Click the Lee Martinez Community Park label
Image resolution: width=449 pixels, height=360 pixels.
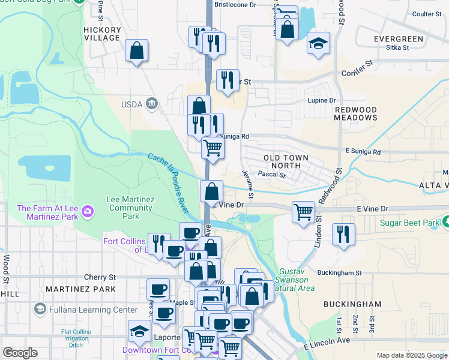(122, 208)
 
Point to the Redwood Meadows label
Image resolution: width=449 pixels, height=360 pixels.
(355, 114)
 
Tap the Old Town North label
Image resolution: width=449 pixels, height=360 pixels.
(286, 161)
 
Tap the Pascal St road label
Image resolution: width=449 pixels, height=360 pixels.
(271, 174)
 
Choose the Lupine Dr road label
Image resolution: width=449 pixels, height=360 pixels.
(321, 100)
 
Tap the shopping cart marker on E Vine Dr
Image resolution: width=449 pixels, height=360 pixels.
(304, 211)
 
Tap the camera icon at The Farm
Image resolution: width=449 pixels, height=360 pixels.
(88, 211)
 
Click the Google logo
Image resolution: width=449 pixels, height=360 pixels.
(20, 353)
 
